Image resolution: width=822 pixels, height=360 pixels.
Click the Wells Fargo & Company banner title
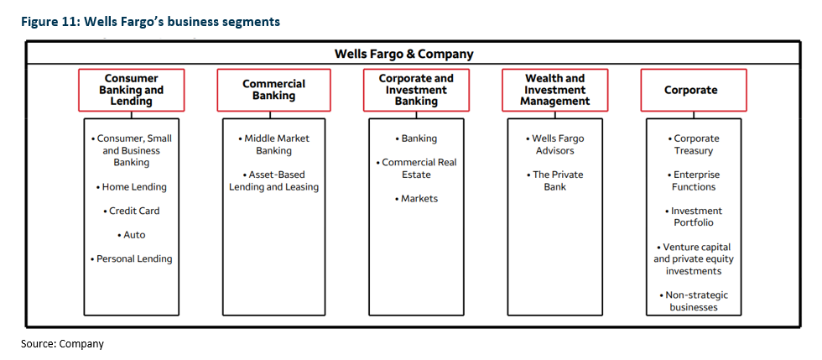click(x=403, y=54)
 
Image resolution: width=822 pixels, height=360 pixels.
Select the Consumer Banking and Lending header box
click(x=131, y=90)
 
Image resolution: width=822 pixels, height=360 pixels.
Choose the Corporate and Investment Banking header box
click(x=416, y=90)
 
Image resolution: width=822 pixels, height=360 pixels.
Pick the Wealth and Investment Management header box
click(x=555, y=90)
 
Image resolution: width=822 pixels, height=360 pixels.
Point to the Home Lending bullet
click(x=131, y=187)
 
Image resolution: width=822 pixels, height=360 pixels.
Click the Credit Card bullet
click(x=131, y=211)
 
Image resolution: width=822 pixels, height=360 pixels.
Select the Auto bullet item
click(x=131, y=235)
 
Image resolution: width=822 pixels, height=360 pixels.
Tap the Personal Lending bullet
click(x=131, y=258)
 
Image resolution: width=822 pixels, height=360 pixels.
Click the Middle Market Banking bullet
click(x=273, y=145)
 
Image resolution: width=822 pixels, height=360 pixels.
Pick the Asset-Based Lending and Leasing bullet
click(x=273, y=180)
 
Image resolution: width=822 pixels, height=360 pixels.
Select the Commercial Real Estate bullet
click(x=416, y=169)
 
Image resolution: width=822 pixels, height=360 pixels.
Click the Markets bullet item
click(x=416, y=199)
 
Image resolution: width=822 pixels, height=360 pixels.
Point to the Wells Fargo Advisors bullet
click(x=554, y=145)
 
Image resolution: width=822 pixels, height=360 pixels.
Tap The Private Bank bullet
click(x=554, y=180)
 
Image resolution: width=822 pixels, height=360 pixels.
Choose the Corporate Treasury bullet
click(x=694, y=145)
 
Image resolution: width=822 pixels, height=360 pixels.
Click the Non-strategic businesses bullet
click(x=694, y=301)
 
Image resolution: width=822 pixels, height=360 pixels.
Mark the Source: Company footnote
click(x=62, y=344)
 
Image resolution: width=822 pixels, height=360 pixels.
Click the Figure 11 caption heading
click(x=150, y=22)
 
